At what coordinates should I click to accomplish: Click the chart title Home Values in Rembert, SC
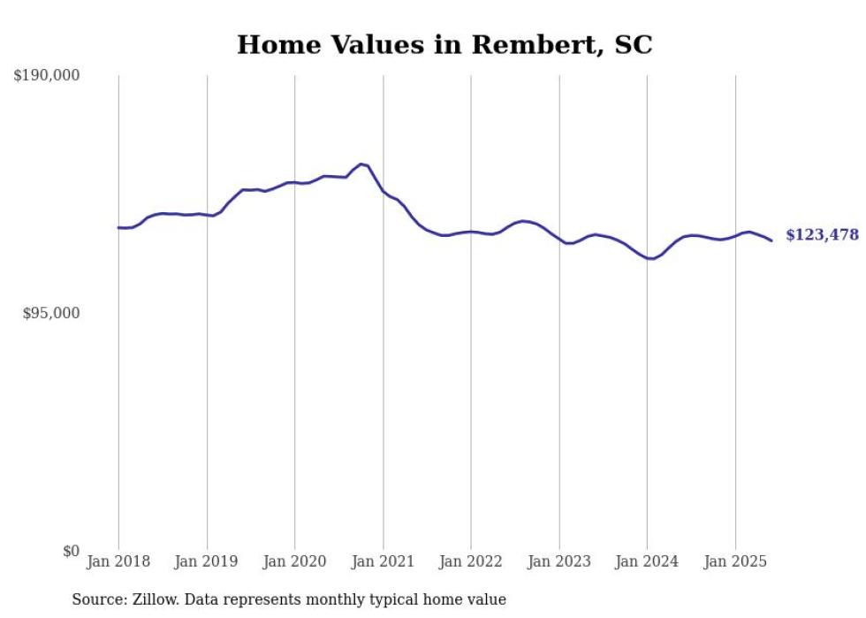[x=444, y=45]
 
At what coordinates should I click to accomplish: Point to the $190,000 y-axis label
[x=47, y=76]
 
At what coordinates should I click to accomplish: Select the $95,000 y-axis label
[x=51, y=314]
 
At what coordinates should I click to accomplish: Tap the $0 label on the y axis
[x=72, y=552]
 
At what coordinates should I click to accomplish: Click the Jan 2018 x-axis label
[x=118, y=561]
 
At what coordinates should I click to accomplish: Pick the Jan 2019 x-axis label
[x=207, y=561]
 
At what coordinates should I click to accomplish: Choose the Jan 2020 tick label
[x=295, y=561]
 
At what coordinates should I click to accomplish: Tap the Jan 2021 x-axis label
[x=383, y=561]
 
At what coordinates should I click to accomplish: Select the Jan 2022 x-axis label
[x=471, y=561]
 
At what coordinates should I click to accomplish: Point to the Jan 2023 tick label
[x=559, y=561]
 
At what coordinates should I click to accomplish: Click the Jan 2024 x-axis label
[x=647, y=561]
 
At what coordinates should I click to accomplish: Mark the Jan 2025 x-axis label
[x=735, y=561]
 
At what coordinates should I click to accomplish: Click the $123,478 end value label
[x=822, y=235]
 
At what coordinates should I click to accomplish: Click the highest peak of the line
[x=361, y=164]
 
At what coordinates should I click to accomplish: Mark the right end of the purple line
[x=771, y=240]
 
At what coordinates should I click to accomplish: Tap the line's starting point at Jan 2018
[x=118, y=228]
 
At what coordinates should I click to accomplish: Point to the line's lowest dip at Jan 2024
[x=649, y=259]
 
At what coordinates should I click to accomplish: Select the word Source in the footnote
[x=95, y=600]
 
